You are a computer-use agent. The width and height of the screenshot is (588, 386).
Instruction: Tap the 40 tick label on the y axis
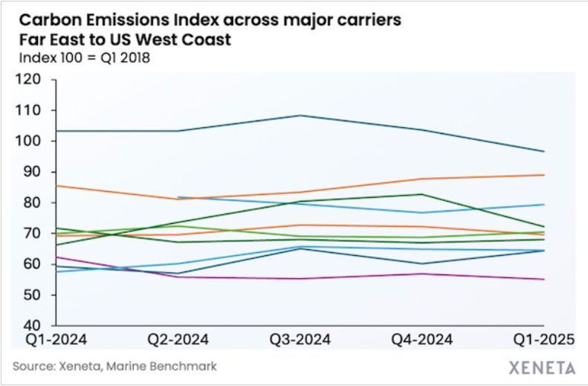37,326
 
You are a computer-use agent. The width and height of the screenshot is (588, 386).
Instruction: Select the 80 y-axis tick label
37,203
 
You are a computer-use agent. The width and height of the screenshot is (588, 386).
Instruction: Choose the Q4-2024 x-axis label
422,340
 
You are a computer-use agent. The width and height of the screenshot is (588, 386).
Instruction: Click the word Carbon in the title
42,20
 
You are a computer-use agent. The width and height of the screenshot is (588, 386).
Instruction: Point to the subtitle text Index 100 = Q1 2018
81,58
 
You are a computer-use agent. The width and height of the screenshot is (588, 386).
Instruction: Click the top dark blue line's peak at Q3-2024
299,115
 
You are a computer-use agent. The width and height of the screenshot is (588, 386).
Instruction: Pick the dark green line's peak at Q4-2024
422,195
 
